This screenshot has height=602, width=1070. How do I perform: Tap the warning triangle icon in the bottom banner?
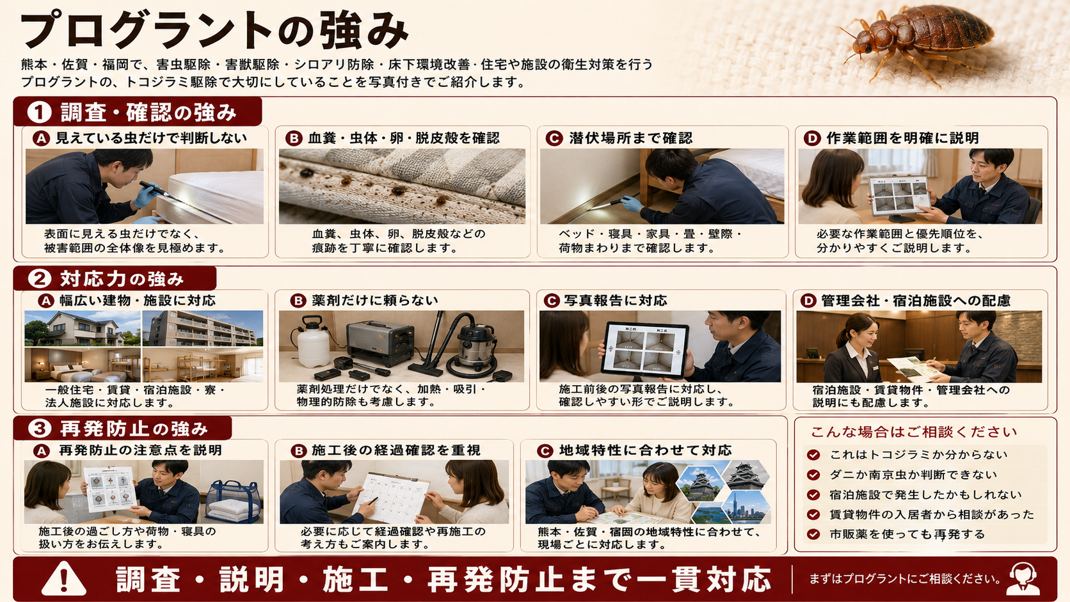pos(63,578)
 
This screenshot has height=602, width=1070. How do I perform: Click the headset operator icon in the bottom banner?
pos(1023,578)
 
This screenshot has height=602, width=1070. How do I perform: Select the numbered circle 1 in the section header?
pos(39,112)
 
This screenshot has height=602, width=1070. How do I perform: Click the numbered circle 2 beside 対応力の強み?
pos(40,278)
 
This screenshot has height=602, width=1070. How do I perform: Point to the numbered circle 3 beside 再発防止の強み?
pos(40,428)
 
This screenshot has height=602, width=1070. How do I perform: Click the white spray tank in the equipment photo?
pos(312,341)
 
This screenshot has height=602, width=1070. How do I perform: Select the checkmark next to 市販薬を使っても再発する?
pos(813,534)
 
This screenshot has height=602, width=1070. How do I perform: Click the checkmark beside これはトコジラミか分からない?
pos(813,455)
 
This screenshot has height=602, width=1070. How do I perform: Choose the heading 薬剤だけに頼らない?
pos(375,300)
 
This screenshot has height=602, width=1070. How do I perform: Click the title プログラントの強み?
pos(214,29)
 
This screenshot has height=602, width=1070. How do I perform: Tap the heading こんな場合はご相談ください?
pos(914,432)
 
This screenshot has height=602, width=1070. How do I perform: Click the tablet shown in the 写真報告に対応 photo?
pos(645,350)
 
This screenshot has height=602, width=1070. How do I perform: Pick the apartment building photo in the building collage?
pos(202,328)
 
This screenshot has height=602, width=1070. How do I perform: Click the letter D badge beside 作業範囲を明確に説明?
pos(812,138)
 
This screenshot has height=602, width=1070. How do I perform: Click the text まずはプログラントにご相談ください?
pos(905,579)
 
